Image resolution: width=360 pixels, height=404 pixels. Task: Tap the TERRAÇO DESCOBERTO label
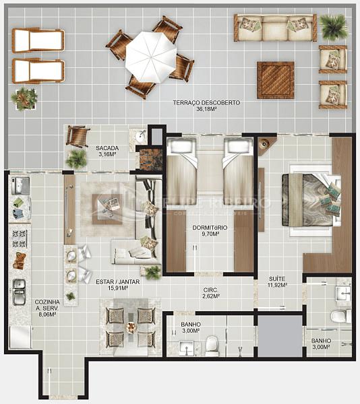coord(206,106)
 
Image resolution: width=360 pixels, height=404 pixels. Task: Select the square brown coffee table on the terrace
coord(275,79)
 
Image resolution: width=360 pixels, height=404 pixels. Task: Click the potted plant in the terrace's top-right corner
coord(332,27)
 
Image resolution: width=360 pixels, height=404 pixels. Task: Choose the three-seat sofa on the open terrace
coord(274,28)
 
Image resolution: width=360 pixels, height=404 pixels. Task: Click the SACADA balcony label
coord(107,151)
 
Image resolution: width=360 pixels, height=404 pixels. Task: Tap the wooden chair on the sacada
coord(78,136)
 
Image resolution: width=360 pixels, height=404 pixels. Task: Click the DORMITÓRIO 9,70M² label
coord(210,232)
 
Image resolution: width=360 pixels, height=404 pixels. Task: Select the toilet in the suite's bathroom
coord(341,316)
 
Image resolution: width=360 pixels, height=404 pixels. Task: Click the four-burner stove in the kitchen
coord(18,237)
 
